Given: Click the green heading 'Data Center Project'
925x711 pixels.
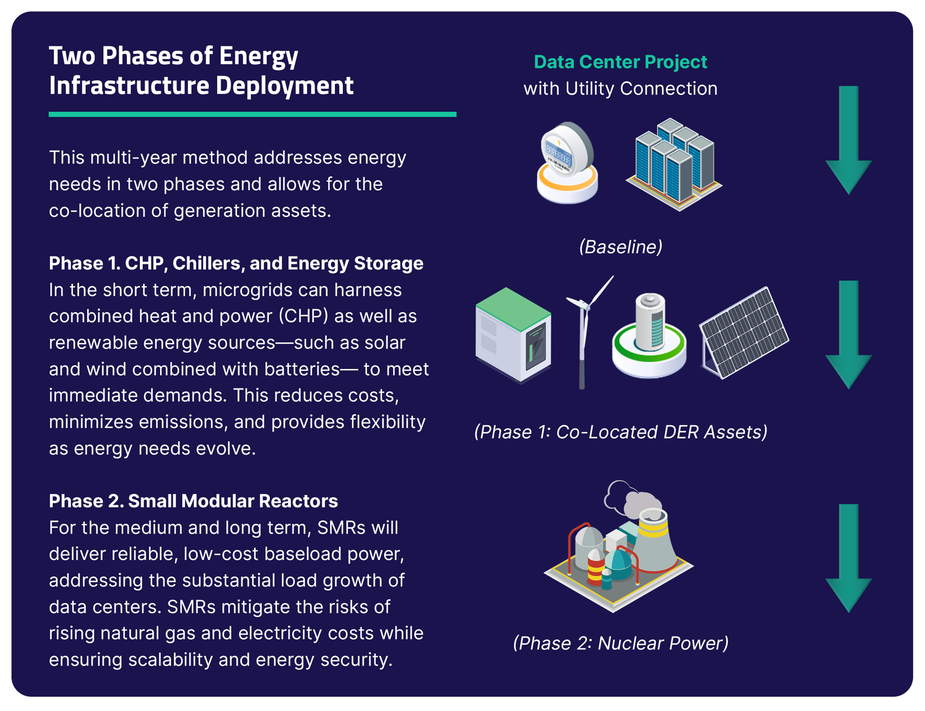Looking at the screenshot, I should click(620, 62).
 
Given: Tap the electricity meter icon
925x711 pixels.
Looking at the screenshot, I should click(567, 163).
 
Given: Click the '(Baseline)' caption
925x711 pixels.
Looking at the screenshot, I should click(620, 247).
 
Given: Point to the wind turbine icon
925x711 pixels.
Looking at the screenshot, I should click(586, 330).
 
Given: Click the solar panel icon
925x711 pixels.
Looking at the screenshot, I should click(744, 333).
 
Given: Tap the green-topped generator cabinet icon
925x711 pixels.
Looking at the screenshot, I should click(513, 335).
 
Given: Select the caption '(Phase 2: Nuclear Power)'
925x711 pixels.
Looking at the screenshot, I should click(620, 643).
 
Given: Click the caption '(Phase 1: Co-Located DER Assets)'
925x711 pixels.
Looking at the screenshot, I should click(620, 432).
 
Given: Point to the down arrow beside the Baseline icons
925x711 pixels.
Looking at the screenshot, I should click(848, 140).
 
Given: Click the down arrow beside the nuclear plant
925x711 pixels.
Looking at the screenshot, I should click(848, 558).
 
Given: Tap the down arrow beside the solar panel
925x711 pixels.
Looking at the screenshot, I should click(848, 335).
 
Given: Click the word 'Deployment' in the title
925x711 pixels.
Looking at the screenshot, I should click(284, 86).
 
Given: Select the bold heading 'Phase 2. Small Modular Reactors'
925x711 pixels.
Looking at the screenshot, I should click(193, 501).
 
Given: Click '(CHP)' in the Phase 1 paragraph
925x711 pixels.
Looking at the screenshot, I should click(302, 316).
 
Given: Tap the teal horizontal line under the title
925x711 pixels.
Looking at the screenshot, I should click(252, 114).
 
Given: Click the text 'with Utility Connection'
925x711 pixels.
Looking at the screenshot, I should click(620, 89).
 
